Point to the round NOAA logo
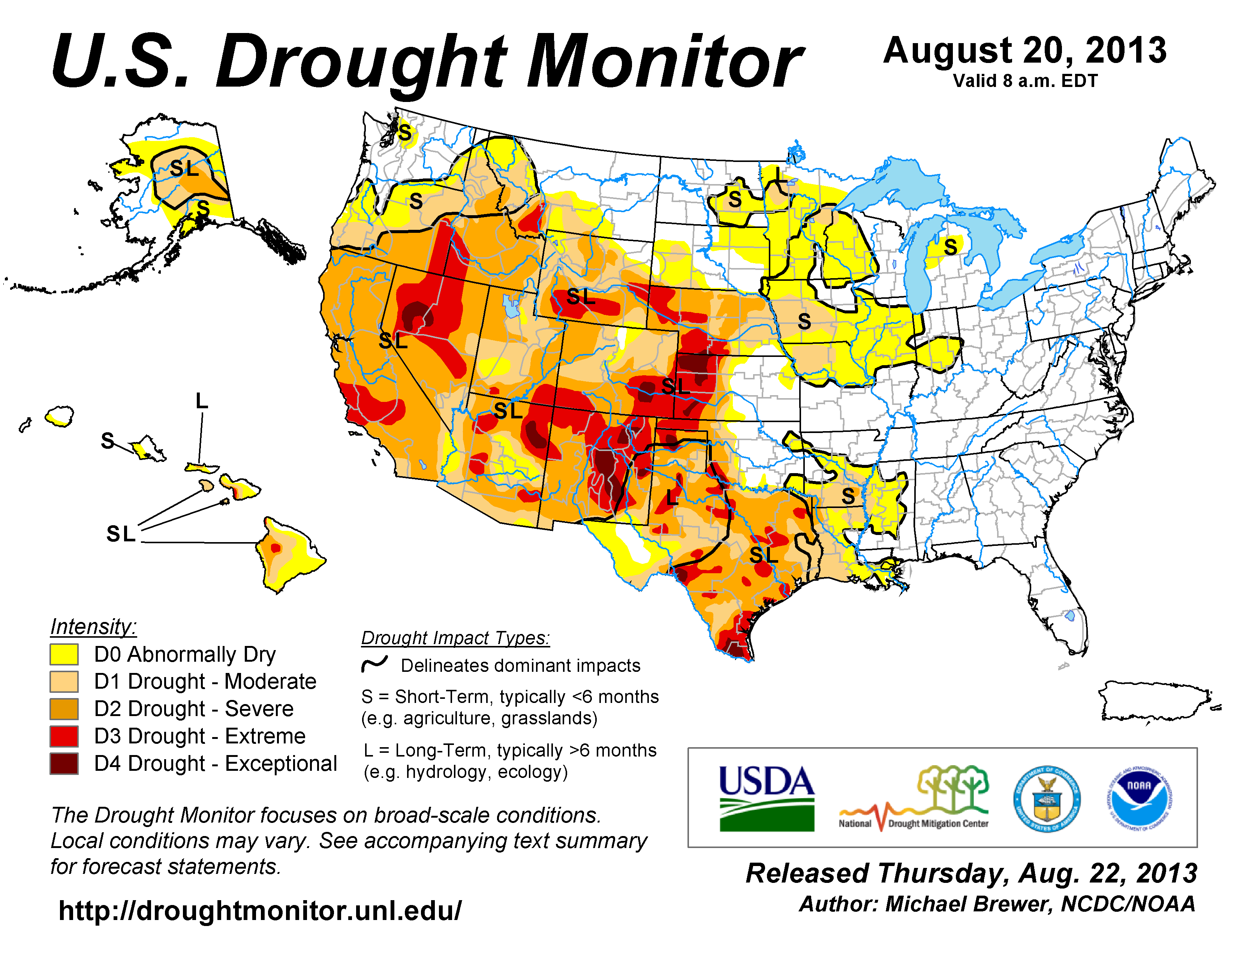point(1139,798)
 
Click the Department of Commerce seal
point(1047,799)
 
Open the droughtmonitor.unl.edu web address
point(260,911)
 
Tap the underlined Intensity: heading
point(93,627)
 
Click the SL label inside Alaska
point(184,168)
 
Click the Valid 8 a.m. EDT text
point(1025,81)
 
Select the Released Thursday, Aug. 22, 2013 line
point(971,873)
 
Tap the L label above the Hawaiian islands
point(202,401)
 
